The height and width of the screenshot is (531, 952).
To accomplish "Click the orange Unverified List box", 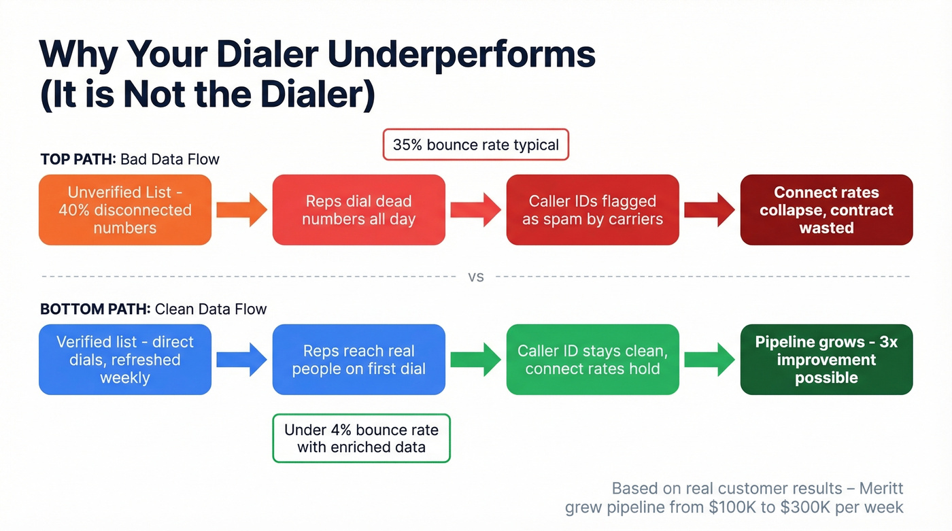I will pyautogui.click(x=125, y=210).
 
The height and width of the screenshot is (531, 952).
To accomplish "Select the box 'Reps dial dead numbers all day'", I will pyautogui.click(x=358, y=210).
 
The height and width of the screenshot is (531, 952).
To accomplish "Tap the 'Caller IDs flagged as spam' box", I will pyautogui.click(x=592, y=210).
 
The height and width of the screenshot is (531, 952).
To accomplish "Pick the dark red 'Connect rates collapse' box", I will pyautogui.click(x=826, y=210).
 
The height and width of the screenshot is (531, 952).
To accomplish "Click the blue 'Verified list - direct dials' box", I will pyautogui.click(x=125, y=360).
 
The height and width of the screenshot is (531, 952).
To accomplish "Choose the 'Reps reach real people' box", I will pyautogui.click(x=358, y=360).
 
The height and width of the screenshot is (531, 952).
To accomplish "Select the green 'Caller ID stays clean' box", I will pyautogui.click(x=592, y=360).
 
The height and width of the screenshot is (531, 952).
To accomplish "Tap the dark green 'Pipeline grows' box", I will pyautogui.click(x=826, y=360).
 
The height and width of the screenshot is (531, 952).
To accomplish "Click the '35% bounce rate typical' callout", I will pyautogui.click(x=475, y=145).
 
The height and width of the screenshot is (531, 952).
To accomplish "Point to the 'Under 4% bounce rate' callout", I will pyautogui.click(x=361, y=439).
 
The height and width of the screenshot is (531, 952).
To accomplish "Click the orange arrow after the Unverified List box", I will pyautogui.click(x=242, y=210).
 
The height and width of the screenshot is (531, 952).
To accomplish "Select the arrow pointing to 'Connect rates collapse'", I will pyautogui.click(x=709, y=210).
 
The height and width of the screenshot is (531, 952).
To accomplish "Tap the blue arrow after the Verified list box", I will pyautogui.click(x=242, y=360).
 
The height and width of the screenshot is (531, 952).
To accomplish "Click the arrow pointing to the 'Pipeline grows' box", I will pyautogui.click(x=709, y=360).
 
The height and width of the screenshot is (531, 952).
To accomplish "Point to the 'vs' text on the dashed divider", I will pyautogui.click(x=476, y=277).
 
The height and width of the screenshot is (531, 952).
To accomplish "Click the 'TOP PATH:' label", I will pyautogui.click(x=78, y=160).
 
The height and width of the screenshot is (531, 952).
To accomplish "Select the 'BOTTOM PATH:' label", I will pyautogui.click(x=95, y=309).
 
